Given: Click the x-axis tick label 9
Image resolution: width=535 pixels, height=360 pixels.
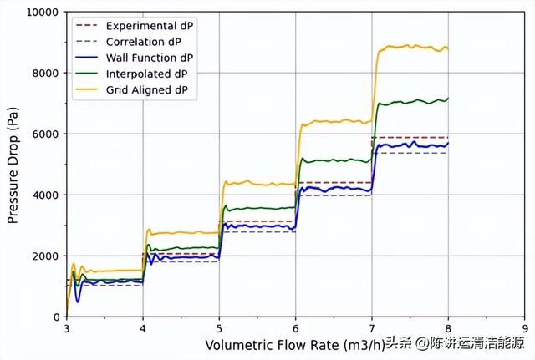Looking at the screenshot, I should (x=524, y=329).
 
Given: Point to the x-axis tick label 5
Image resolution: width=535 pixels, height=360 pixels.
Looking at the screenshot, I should (x=219, y=329).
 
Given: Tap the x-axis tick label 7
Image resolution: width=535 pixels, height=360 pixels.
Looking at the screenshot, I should (x=372, y=329).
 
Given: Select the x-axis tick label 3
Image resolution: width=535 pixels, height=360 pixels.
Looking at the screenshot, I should (x=67, y=329).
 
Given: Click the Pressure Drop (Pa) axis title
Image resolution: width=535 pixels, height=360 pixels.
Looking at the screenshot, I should (x=13, y=165).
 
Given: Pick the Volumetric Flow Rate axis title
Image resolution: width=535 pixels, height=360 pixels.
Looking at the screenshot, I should (x=294, y=345).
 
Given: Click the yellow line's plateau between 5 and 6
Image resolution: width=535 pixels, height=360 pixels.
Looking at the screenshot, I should (x=259, y=183).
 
